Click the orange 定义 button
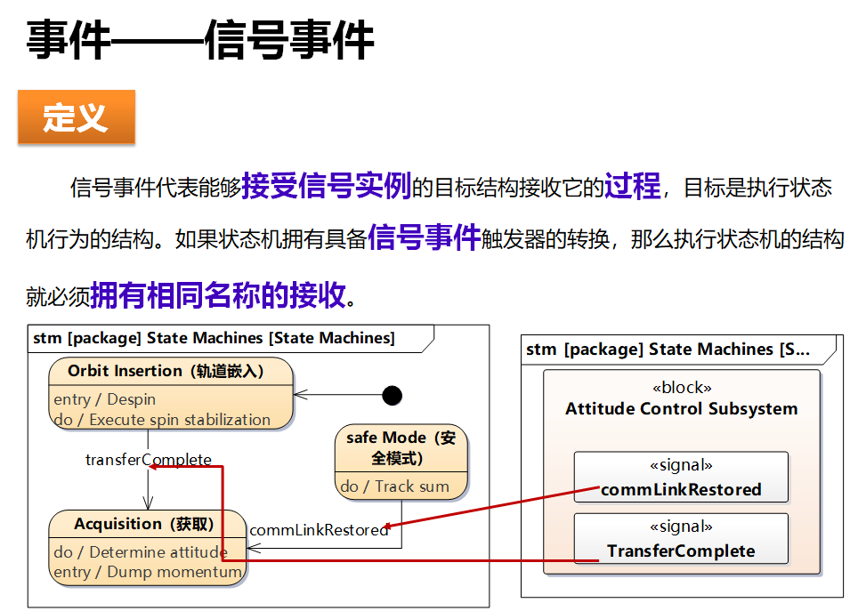coord(76,117)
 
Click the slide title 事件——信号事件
coord(199,40)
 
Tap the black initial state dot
coord(391,395)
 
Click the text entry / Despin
coord(105,399)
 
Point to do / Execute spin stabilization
coord(162,420)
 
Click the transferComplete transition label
coord(149,460)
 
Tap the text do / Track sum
coord(394,486)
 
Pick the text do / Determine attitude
coord(141,552)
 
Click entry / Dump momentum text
coord(148,572)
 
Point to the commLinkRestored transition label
coord(319,530)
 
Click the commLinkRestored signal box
coord(681,478)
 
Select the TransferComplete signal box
coord(681,539)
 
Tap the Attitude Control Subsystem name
coord(681,409)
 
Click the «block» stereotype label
coord(682,389)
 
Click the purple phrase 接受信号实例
coord(326,186)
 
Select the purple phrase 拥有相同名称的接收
coord(218,295)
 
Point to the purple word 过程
coord(632,186)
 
